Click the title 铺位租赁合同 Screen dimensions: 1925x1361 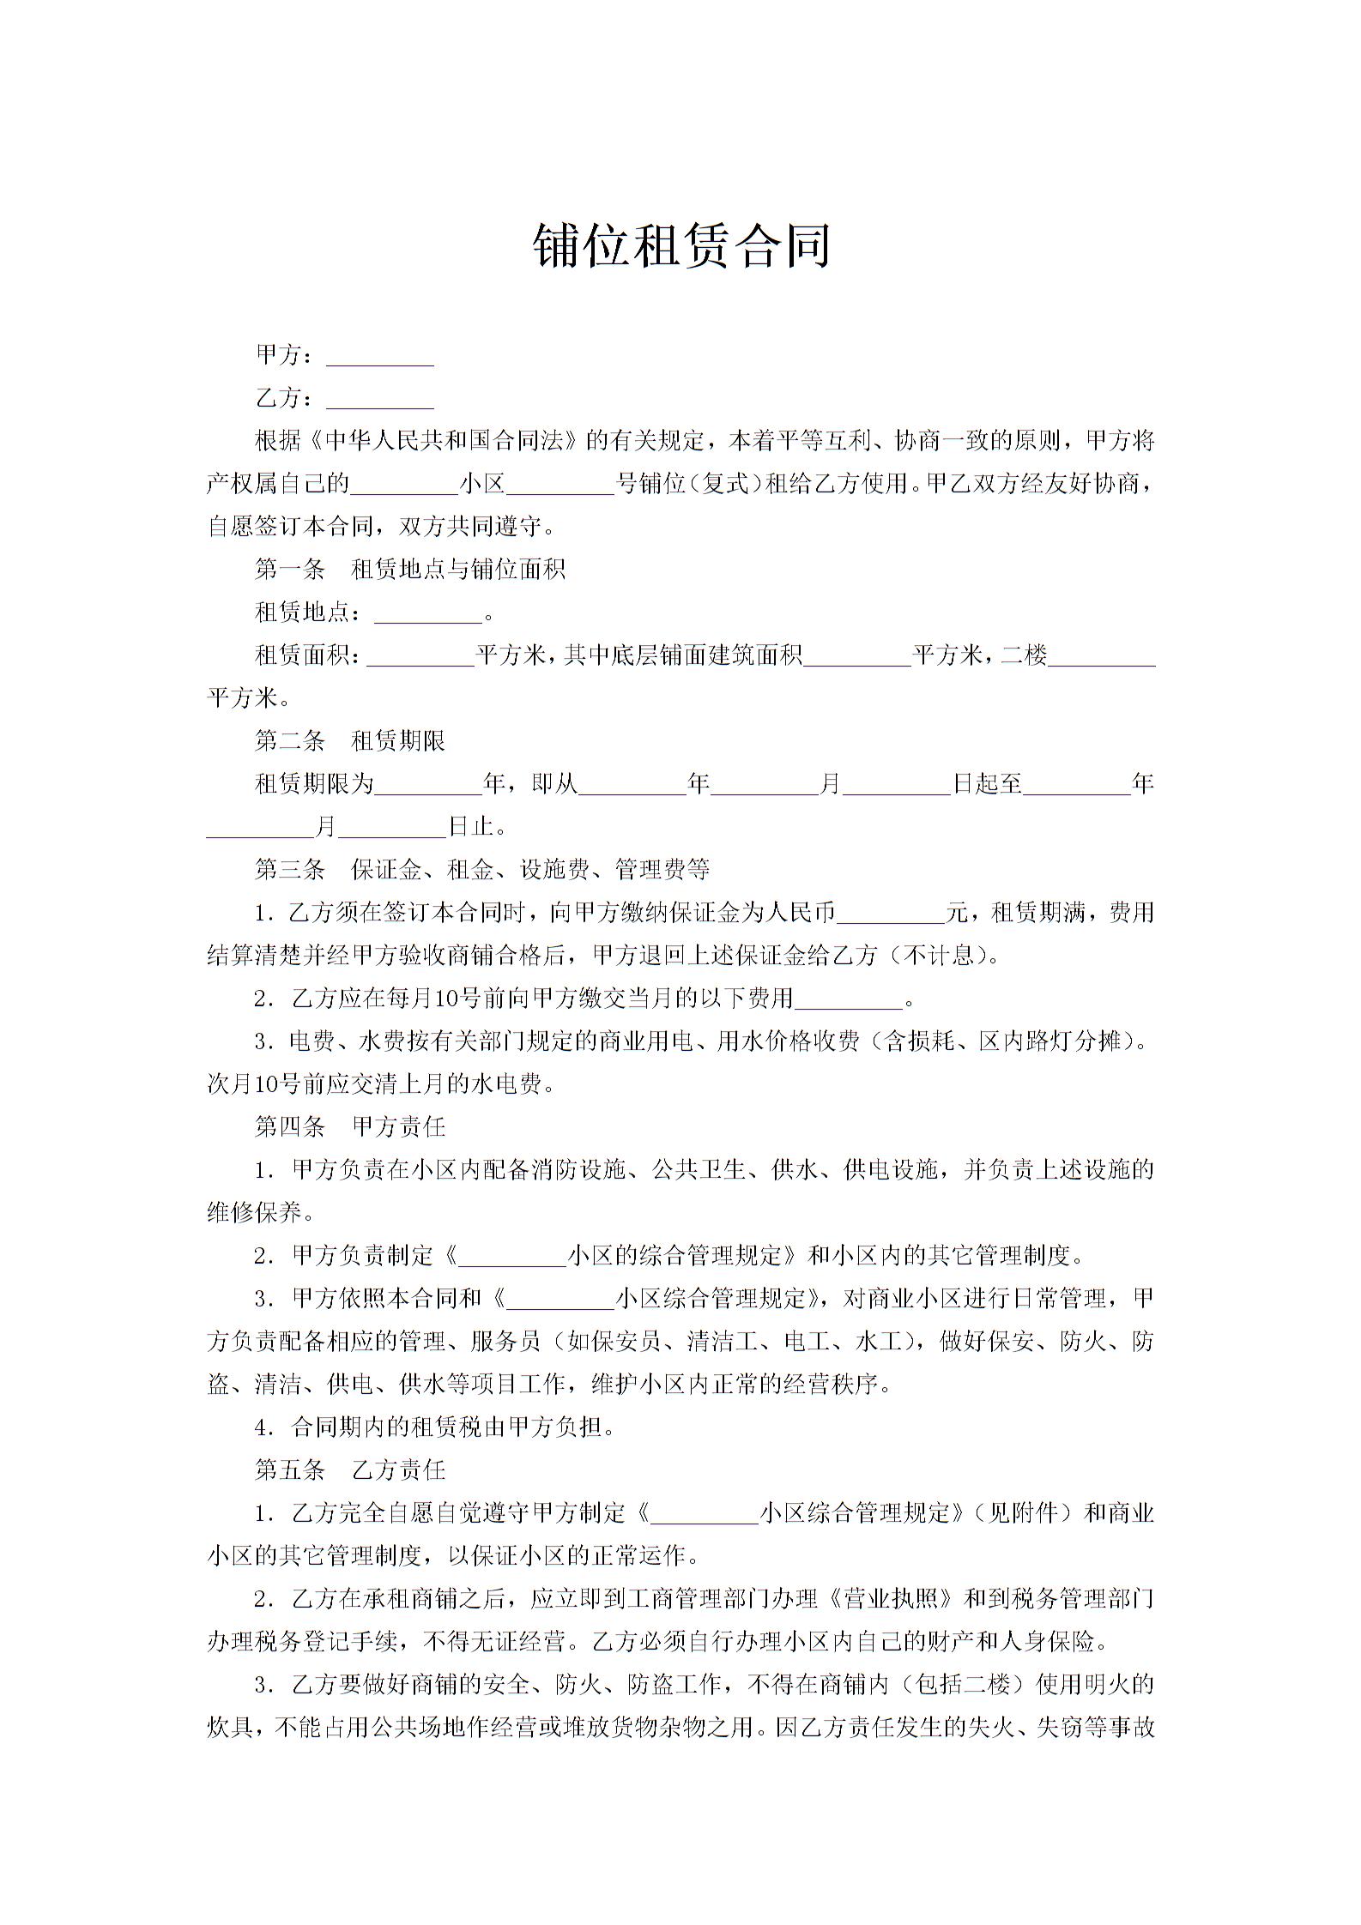(x=681, y=246)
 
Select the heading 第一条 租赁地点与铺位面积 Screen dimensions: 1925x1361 (x=410, y=570)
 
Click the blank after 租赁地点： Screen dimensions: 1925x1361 (x=428, y=615)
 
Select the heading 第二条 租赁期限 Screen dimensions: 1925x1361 (x=350, y=741)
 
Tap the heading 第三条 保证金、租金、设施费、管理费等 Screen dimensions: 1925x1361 (x=482, y=870)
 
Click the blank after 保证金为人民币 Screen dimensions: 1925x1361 (x=890, y=915)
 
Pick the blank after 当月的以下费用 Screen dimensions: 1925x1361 (x=849, y=1001)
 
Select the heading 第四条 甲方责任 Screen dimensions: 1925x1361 (x=350, y=1127)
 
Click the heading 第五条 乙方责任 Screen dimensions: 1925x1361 (x=350, y=1470)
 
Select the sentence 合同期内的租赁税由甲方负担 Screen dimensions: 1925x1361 (x=447, y=1427)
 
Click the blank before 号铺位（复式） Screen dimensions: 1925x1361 (x=560, y=486)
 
